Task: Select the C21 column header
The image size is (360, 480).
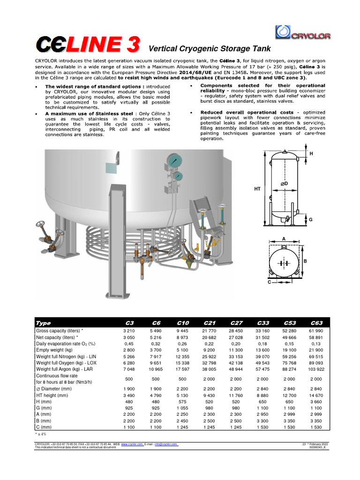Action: tap(209, 322)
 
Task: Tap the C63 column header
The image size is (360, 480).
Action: tap(317, 322)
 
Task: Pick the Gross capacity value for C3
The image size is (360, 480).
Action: tap(128, 331)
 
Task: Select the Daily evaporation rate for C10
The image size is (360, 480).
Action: tap(182, 344)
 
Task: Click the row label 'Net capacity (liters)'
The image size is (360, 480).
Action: tap(57, 337)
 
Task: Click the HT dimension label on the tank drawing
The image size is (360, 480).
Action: tap(257, 189)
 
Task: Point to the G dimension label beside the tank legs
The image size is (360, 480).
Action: tap(310, 219)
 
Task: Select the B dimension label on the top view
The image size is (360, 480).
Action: tap(305, 261)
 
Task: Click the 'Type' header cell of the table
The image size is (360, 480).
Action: tap(43, 322)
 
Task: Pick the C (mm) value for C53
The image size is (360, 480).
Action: tap(290, 427)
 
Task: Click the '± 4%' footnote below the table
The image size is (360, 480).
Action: tap(41, 434)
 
